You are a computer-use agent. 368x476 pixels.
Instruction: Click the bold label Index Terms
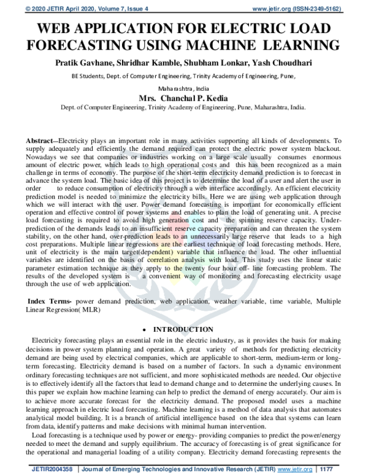(50, 302)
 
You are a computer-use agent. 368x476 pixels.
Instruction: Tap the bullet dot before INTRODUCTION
(142, 330)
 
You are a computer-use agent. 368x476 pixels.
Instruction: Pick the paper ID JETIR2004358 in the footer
(48, 469)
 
